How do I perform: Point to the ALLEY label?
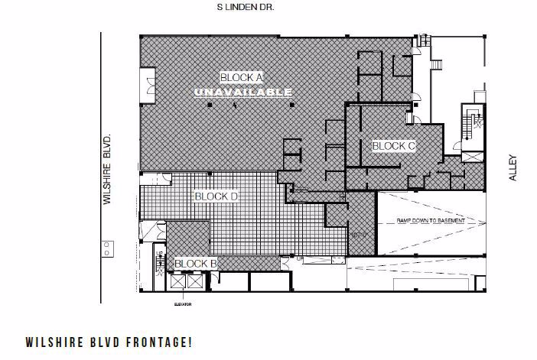pos(513,168)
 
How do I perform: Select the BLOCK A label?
pos(241,77)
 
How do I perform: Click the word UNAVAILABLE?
pos(242,92)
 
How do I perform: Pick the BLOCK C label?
pos(393,145)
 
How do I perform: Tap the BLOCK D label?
pos(216,196)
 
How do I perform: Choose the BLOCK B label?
pos(196,264)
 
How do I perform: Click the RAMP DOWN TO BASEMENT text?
pos(430,221)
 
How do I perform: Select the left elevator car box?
pos(178,281)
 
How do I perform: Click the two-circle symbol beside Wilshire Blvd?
pos(108,248)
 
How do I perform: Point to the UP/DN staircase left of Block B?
pos(161,261)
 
